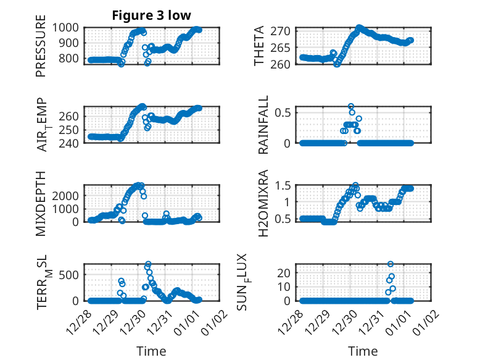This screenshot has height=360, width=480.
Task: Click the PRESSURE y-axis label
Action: click(x=41, y=50)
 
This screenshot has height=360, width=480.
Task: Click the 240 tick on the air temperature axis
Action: click(x=70, y=143)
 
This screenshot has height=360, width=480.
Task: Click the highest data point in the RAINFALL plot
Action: click(x=351, y=106)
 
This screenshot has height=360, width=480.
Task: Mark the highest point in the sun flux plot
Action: click(x=390, y=264)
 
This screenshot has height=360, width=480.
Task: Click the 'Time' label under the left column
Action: click(x=151, y=351)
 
